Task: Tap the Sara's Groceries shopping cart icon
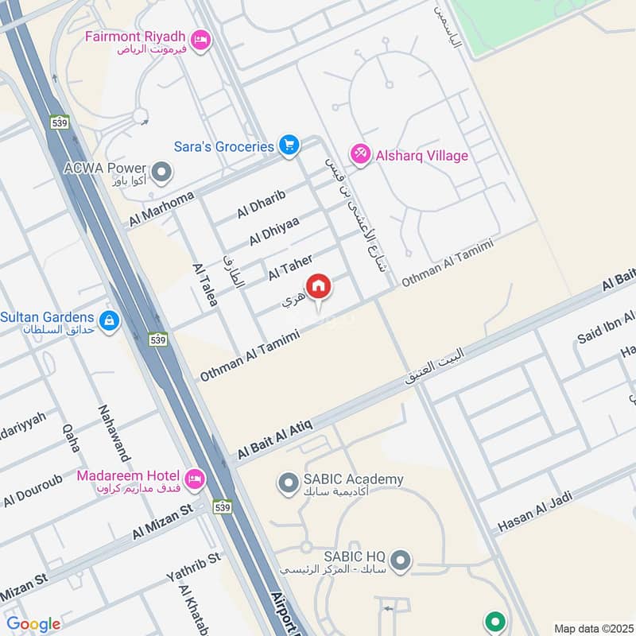288,145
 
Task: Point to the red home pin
318,287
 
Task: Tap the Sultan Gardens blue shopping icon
110,321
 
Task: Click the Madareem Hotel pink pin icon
193,479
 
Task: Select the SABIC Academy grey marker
286,482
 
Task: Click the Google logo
33,624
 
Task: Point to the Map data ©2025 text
593,629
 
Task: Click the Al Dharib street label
260,204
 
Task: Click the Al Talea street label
205,286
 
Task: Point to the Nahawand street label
108,433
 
